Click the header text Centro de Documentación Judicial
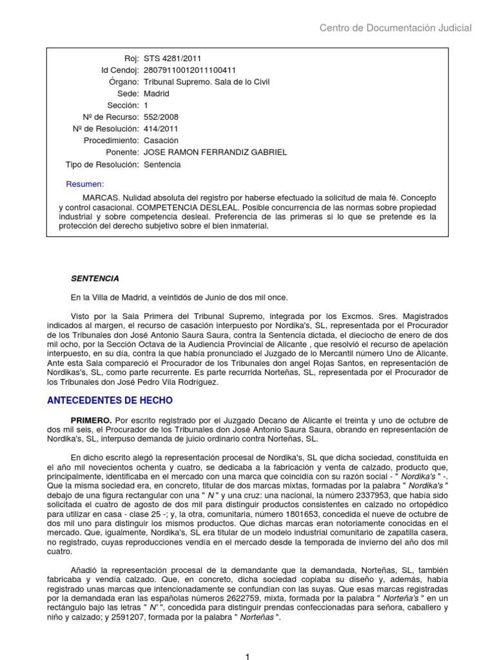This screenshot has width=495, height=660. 396,28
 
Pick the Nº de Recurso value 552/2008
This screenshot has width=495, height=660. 161,117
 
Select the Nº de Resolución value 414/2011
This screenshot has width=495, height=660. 161,128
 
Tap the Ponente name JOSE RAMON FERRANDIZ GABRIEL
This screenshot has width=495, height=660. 215,152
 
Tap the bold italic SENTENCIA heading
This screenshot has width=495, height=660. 95,278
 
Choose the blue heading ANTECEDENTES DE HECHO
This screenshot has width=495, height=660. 110,400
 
